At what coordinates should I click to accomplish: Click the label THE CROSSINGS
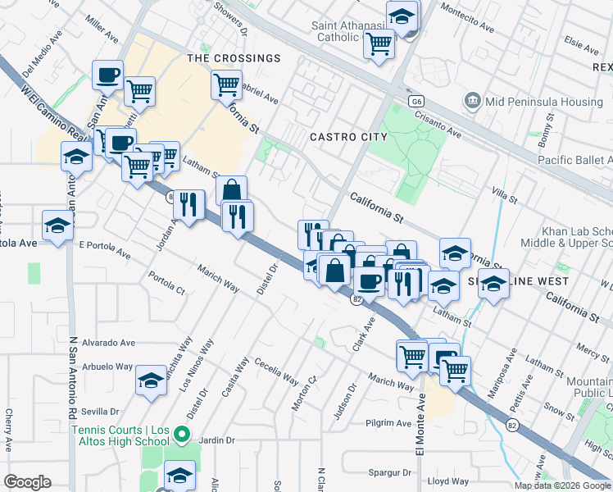tap(234, 58)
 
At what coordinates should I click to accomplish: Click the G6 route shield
tap(417, 100)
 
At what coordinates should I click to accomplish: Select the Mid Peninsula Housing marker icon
tap(472, 102)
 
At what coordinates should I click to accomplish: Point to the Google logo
tap(27, 482)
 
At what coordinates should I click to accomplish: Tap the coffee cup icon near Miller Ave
tap(108, 76)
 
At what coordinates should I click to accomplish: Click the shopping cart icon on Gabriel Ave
tap(227, 84)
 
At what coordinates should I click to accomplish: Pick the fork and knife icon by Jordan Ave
tap(189, 205)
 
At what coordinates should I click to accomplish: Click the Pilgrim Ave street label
tap(388, 424)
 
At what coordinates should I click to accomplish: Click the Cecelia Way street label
tap(275, 371)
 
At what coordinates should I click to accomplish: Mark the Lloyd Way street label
tap(448, 481)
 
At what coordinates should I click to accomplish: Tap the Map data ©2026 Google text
tap(562, 485)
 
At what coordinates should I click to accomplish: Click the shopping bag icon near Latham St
tap(232, 191)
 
